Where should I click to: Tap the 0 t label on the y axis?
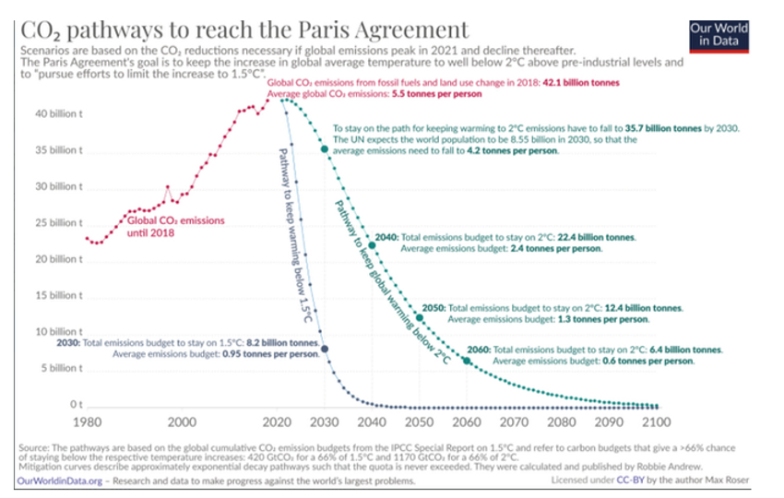pyautogui.click(x=77, y=404)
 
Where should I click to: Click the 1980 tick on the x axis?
pyautogui.click(x=88, y=423)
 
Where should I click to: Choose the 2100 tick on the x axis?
pyautogui.click(x=656, y=423)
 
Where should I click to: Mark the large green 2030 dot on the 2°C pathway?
pyautogui.click(x=325, y=149)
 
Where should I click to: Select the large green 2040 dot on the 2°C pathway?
pyautogui.click(x=372, y=243)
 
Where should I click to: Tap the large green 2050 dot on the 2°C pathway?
pyautogui.click(x=420, y=317)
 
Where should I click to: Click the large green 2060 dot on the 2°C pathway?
pyautogui.click(x=467, y=361)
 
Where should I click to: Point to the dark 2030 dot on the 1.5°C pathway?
pyautogui.click(x=324, y=348)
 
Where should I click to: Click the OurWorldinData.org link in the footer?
pyautogui.click(x=57, y=480)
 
